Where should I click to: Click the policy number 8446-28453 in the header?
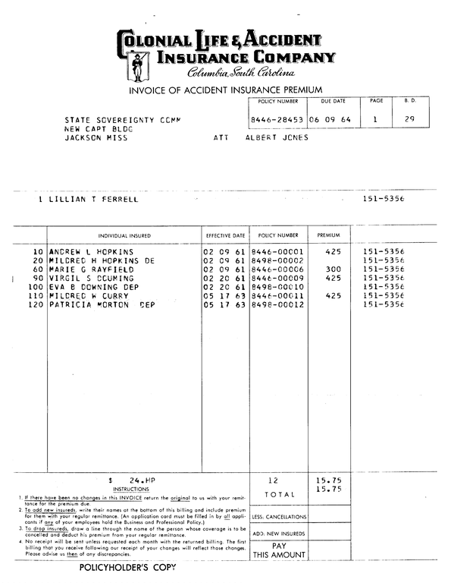[277, 120]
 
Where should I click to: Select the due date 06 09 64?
[332, 120]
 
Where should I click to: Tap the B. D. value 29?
[410, 119]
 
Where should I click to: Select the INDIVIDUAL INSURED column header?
[124, 235]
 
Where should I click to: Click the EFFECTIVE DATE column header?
[226, 235]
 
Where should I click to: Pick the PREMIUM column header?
[328, 235]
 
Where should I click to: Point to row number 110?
[35, 296]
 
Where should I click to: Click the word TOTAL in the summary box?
[278, 494]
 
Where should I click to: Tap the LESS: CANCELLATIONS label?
[279, 516]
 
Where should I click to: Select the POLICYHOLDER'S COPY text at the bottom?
[127, 567]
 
